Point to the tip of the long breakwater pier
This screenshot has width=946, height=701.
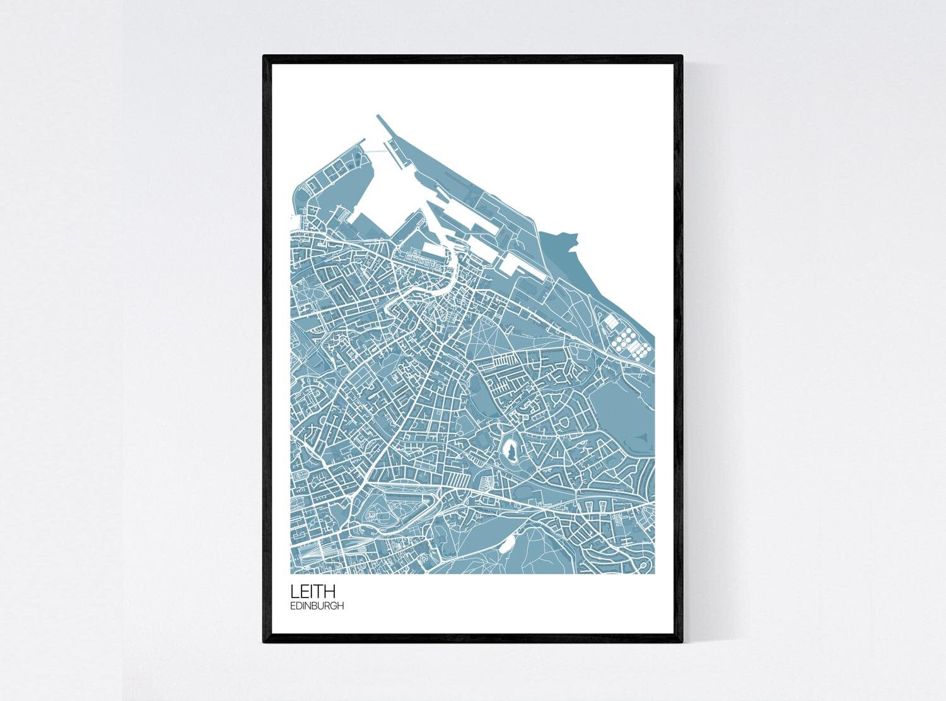[378, 116]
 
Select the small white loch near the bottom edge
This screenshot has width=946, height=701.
[507, 541]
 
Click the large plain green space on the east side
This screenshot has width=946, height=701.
[621, 404]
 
